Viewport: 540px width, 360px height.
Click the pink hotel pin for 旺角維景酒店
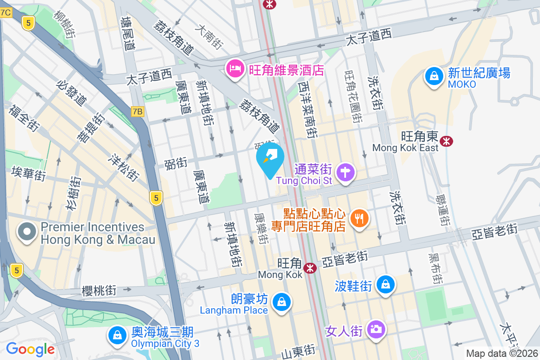(235, 69)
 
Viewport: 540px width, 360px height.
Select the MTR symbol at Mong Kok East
(446, 141)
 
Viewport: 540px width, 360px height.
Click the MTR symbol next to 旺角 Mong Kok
(309, 268)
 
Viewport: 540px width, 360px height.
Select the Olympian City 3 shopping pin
(117, 336)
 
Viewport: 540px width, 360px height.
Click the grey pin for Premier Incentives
(27, 232)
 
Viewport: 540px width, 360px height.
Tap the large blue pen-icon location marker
(270, 158)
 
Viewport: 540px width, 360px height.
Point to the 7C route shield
(5, 13)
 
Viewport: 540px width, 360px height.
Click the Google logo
(30, 349)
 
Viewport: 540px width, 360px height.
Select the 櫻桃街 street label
(99, 291)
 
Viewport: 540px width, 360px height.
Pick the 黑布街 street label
(435, 268)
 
